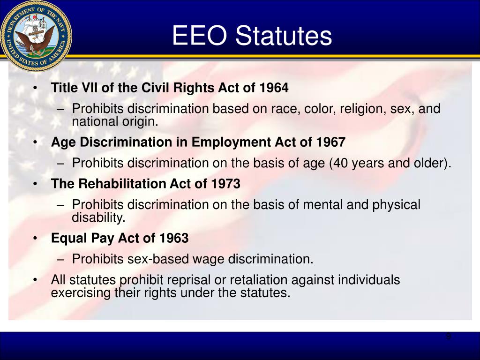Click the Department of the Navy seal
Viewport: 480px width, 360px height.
click(x=36, y=36)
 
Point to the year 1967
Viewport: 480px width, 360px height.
click(x=330, y=142)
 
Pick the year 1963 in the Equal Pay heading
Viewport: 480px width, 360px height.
click(x=173, y=238)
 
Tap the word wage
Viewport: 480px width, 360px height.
click(x=213, y=259)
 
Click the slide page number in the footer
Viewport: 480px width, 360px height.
click(x=448, y=337)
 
